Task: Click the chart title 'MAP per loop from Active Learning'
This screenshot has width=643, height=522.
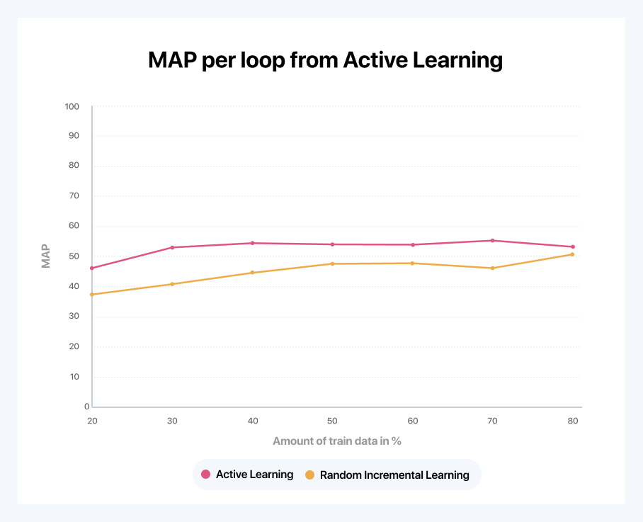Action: tap(325, 60)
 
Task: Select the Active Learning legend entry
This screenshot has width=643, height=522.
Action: tap(247, 475)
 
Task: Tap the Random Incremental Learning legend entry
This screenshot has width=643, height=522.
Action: tap(387, 475)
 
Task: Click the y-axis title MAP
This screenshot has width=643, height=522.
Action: tap(46, 256)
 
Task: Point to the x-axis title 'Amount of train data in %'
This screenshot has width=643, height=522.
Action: tap(337, 441)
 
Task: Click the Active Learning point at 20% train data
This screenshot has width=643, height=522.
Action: tap(92, 268)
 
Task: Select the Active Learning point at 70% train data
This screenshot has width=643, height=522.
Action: tap(492, 240)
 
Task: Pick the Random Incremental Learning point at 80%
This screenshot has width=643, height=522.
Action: tap(572, 254)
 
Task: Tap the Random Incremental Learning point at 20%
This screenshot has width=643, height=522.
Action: tap(92, 294)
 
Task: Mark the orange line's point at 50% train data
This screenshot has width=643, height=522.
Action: tap(332, 263)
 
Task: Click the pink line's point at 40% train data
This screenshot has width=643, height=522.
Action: tap(252, 243)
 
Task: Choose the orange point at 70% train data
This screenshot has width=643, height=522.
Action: tap(492, 268)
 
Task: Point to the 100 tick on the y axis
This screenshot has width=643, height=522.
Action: tap(72, 106)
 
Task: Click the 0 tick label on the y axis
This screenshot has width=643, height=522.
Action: tap(86, 407)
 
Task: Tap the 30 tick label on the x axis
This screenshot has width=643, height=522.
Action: tap(172, 421)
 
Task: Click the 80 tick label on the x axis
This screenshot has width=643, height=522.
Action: tap(572, 421)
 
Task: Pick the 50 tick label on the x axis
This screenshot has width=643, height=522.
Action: tap(332, 421)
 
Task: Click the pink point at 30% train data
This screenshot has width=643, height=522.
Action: tap(172, 247)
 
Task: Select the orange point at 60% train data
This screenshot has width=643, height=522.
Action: tap(412, 263)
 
